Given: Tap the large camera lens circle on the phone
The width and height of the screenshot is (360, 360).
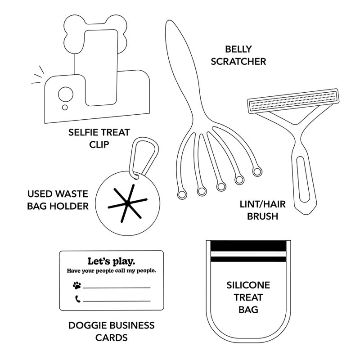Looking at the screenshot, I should [66, 94].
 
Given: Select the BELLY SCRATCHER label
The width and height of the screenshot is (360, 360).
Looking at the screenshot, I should [244, 55].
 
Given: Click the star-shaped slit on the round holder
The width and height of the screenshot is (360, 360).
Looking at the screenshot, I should [127, 204].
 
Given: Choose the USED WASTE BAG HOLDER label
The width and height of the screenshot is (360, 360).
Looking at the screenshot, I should [58, 200].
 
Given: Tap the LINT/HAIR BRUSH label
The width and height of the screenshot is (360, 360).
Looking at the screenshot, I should [259, 210].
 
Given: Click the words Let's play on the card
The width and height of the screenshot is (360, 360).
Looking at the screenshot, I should [111, 261].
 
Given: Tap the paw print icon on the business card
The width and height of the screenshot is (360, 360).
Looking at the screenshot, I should [77, 285].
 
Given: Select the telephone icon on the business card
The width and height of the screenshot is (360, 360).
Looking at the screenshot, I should [77, 299].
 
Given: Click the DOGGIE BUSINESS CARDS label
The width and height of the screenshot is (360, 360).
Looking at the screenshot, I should [111, 331].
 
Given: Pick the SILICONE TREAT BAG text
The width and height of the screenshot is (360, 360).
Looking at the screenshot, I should [248, 297].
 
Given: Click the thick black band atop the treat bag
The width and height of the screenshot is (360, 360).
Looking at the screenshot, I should [248, 246].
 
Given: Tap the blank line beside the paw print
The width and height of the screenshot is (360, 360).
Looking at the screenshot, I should [117, 287].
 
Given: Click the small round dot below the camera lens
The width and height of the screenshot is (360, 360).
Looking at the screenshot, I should [65, 107].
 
